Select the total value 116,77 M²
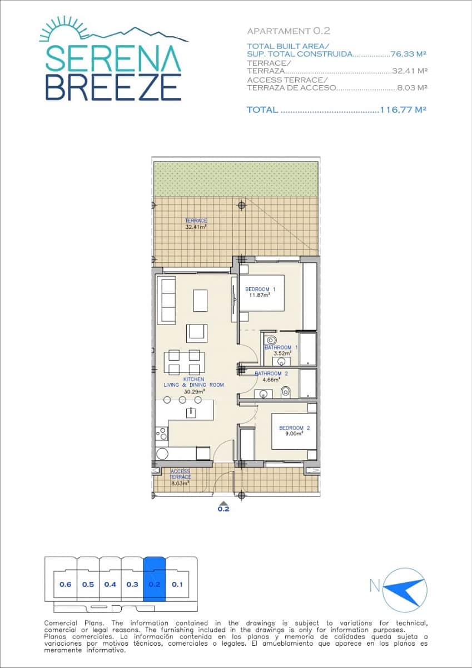click(403, 110)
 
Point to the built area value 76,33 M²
click(408, 54)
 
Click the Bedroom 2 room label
click(294, 430)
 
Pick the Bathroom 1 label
click(281, 350)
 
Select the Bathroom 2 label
click(271, 376)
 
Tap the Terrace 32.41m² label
click(196, 224)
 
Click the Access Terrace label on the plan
click(180, 477)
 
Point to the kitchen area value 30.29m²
click(194, 391)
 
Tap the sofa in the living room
click(167, 301)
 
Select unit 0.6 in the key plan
click(66, 584)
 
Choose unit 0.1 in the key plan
click(177, 584)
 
